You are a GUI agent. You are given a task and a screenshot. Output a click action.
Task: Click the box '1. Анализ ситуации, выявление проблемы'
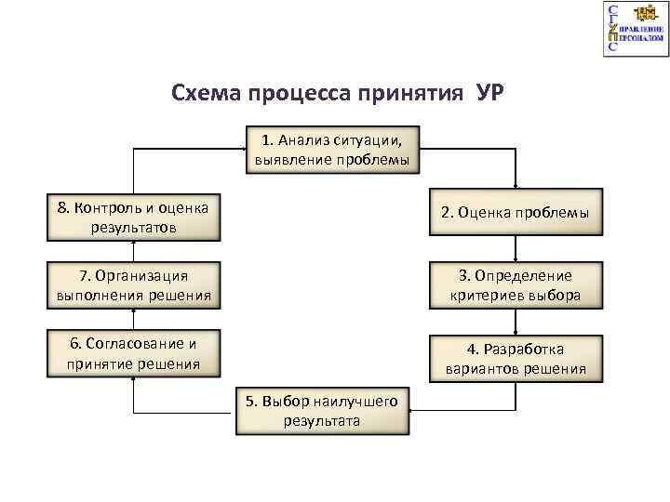[x=332, y=150]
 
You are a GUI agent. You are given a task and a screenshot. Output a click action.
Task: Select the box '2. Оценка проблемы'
[x=515, y=214]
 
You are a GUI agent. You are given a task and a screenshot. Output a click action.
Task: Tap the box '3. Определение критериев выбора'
[x=515, y=285]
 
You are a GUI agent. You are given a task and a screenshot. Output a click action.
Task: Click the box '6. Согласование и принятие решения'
[x=134, y=352]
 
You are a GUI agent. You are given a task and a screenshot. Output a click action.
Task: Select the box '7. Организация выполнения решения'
[x=134, y=285]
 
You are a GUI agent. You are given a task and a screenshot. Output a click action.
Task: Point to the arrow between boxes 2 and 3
[x=516, y=249]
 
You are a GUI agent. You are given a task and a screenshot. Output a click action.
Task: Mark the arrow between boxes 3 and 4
[x=516, y=322]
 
